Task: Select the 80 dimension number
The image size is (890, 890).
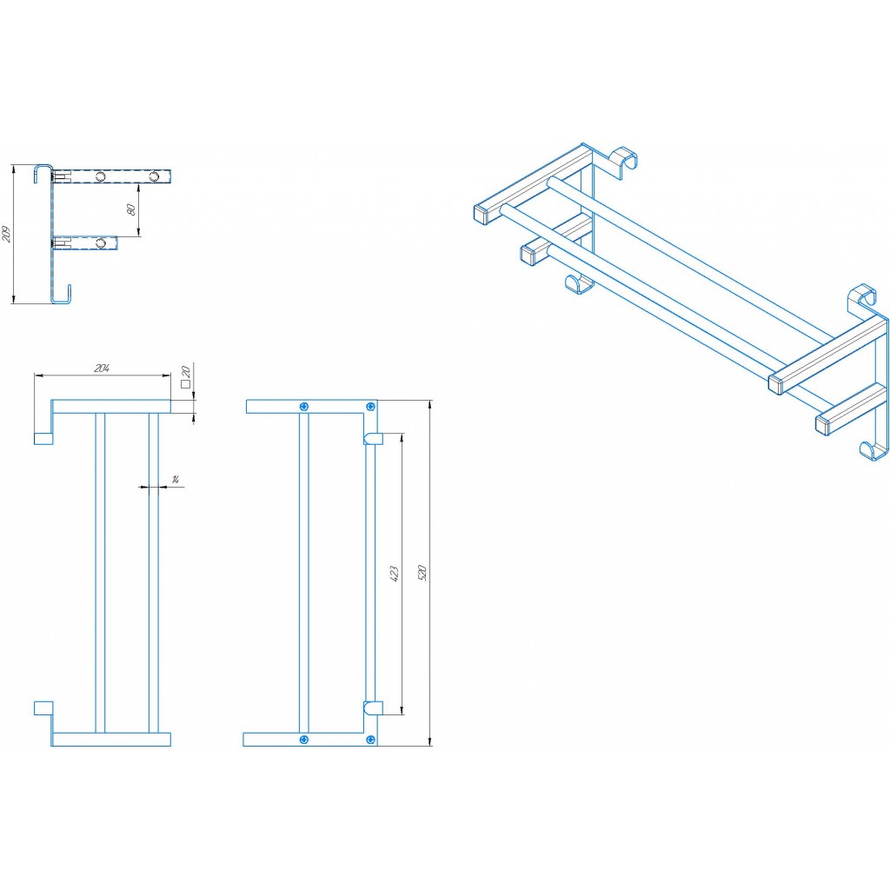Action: (131, 209)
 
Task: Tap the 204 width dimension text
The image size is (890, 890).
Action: (101, 369)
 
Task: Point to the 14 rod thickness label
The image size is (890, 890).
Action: (176, 480)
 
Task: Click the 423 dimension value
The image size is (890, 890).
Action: (393, 574)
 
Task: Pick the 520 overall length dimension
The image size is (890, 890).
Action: (422, 573)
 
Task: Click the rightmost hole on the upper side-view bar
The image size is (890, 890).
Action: (155, 177)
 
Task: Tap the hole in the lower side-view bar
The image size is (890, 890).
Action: (102, 242)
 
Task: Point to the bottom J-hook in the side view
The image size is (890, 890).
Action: (62, 296)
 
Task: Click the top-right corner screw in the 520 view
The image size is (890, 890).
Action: (372, 406)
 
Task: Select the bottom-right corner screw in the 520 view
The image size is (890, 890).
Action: (372, 739)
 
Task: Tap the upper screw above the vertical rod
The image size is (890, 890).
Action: (303, 406)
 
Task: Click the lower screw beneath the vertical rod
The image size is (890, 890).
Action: (303, 739)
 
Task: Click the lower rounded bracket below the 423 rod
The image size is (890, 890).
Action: (373, 707)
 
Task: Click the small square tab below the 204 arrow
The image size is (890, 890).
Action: (43, 437)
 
